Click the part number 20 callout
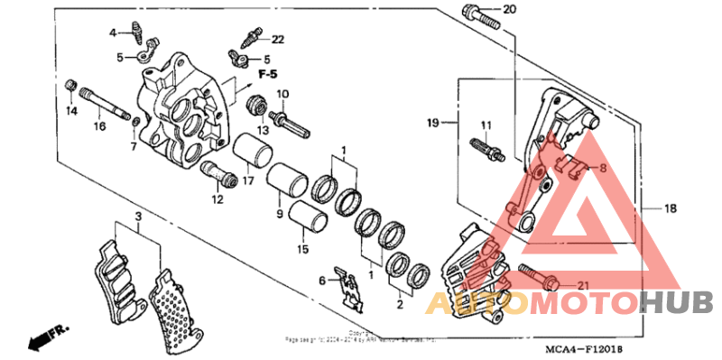click(x=509, y=11)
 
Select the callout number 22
click(x=277, y=39)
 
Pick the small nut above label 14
click(x=69, y=86)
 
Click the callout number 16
click(x=99, y=126)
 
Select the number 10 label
click(x=282, y=94)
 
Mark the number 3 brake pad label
click(x=137, y=217)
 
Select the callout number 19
click(x=432, y=121)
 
